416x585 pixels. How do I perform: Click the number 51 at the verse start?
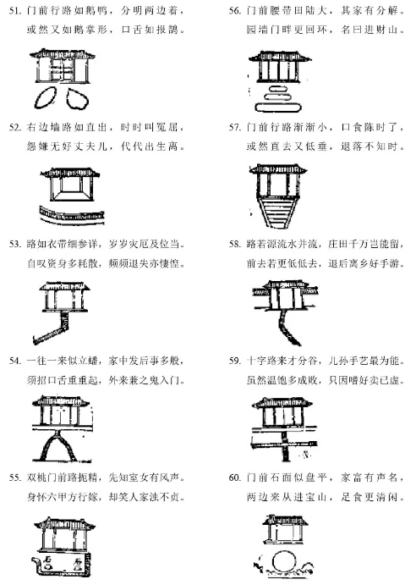pyautogui.click(x=15, y=11)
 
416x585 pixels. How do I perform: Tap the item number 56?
pyautogui.click(x=235, y=11)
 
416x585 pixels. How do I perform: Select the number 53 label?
pyautogui.click(x=15, y=245)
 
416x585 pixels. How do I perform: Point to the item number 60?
pyautogui.click(x=235, y=477)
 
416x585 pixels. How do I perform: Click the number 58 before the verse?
pyautogui.click(x=235, y=245)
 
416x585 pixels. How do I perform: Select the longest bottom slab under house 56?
pyautogui.click(x=277, y=108)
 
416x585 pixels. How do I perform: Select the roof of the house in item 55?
pyautogui.click(x=64, y=523)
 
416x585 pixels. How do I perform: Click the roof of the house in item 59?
pyautogui.click(x=282, y=403)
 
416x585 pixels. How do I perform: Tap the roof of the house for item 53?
pyautogui.click(x=64, y=286)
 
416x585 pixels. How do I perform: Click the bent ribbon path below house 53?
pyautogui.click(x=57, y=330)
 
